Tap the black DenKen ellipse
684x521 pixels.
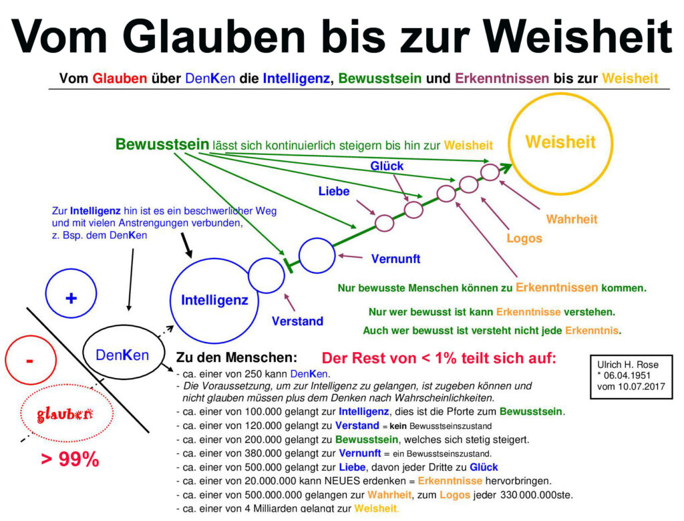pyautogui.click(x=122, y=355)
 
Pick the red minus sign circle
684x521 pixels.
pyautogui.click(x=29, y=361)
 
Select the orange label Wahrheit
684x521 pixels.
pyautogui.click(x=571, y=219)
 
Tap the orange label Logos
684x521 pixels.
pyautogui.click(x=524, y=238)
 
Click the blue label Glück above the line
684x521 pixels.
pyautogui.click(x=387, y=166)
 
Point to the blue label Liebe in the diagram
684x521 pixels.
pyautogui.click(x=334, y=192)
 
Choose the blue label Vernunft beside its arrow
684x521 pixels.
pyautogui.click(x=395, y=258)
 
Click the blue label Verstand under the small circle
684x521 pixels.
pyautogui.click(x=297, y=321)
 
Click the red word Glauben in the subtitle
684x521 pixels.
pyautogui.click(x=120, y=78)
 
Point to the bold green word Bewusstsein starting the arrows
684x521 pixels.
pyautogui.click(x=162, y=144)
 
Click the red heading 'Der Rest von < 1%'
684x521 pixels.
pyautogui.click(x=438, y=358)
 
